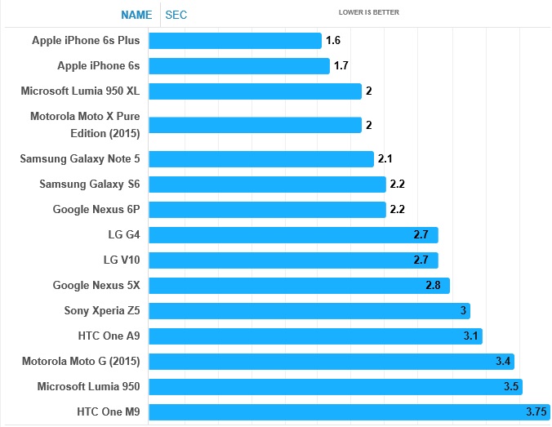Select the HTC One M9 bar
pos(349,412)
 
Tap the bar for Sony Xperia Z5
pos(309,311)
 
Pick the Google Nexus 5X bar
pos(300,286)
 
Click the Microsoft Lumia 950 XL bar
pos(256,91)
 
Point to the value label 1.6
pos(332,41)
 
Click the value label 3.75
pos(535,412)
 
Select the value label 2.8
pos(434,286)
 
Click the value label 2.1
pos(385,159)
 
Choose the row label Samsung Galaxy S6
pos(90,185)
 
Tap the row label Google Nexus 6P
pos(96,210)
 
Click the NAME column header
pos(136,14)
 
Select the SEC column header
pos(176,14)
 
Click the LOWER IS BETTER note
pos(369,12)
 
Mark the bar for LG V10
pos(294,260)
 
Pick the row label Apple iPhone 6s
pos(99,65)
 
